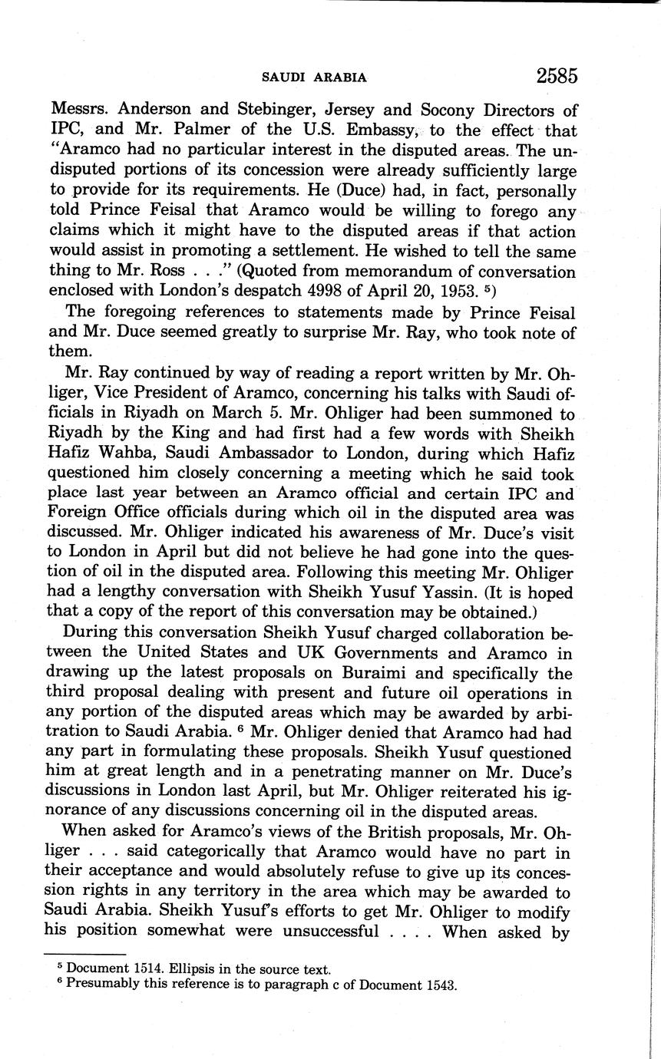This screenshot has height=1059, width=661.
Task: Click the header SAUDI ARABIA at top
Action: pyautogui.click(x=314, y=78)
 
